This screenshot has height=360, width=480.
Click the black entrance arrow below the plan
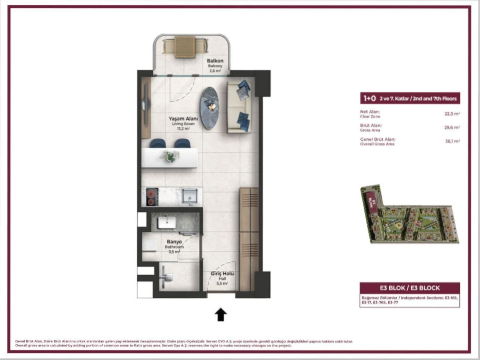click(x=221, y=315)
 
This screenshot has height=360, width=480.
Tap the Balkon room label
click(x=215, y=61)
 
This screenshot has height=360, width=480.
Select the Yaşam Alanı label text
click(x=183, y=119)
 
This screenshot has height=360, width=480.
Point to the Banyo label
click(x=174, y=242)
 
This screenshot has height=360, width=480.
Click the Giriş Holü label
click(x=222, y=274)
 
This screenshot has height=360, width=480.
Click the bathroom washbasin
click(x=166, y=222)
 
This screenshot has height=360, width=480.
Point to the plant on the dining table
click(x=170, y=155)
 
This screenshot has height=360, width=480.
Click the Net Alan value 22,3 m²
click(x=452, y=114)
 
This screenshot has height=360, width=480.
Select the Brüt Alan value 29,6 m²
click(x=452, y=127)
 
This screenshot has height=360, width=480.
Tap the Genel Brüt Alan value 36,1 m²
click(x=452, y=141)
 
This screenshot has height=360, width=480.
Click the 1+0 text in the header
click(x=369, y=98)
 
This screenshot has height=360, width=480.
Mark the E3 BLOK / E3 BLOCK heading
click(x=409, y=288)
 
